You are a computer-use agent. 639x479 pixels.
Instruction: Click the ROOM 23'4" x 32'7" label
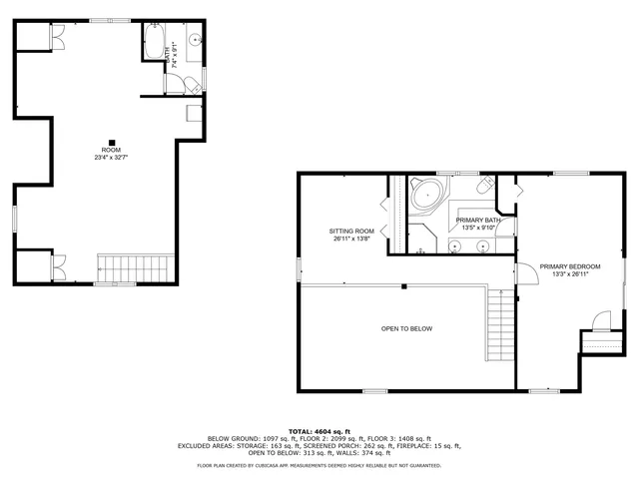point(111,154)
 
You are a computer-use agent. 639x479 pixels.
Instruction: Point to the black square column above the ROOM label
point(112,141)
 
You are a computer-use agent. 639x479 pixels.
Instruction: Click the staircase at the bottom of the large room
point(119,268)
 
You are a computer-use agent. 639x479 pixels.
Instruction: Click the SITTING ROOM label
point(352,231)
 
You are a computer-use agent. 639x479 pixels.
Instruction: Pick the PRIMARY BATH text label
point(477,220)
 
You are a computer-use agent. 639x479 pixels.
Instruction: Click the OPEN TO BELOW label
point(406,328)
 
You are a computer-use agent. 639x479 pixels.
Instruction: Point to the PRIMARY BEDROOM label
point(570,266)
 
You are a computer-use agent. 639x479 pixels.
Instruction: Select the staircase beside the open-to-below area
point(498,324)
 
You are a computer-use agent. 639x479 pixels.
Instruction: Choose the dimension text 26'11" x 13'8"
point(352,239)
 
